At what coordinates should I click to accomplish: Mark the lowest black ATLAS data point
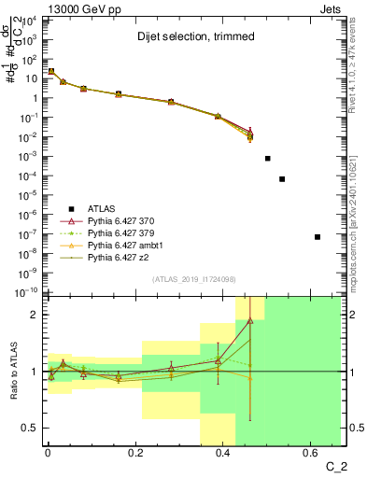(318, 237)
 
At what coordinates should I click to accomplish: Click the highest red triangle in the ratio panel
(249, 320)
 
